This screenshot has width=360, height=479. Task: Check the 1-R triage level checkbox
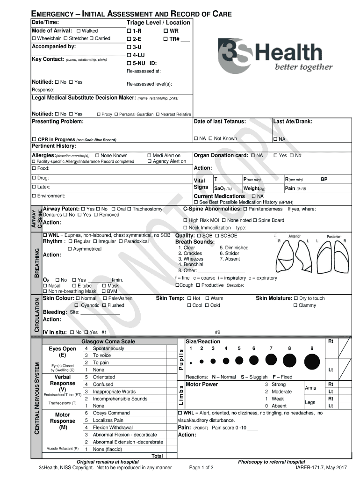130,31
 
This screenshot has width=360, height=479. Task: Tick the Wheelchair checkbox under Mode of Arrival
34,38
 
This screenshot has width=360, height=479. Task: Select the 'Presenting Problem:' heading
58,122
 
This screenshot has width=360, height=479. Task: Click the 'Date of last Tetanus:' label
220,122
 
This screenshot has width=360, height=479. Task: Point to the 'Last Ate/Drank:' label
293,122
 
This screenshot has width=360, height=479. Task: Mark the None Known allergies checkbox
97,156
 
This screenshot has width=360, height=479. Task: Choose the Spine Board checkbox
255,220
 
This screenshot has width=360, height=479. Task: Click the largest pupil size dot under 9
312,362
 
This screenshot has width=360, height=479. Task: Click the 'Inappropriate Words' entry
114,392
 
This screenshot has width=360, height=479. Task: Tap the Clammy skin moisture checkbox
295,305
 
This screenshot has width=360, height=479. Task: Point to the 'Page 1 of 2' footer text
201,467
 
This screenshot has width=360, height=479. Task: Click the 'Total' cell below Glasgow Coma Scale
158,456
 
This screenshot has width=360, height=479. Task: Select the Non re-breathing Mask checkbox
45,291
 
